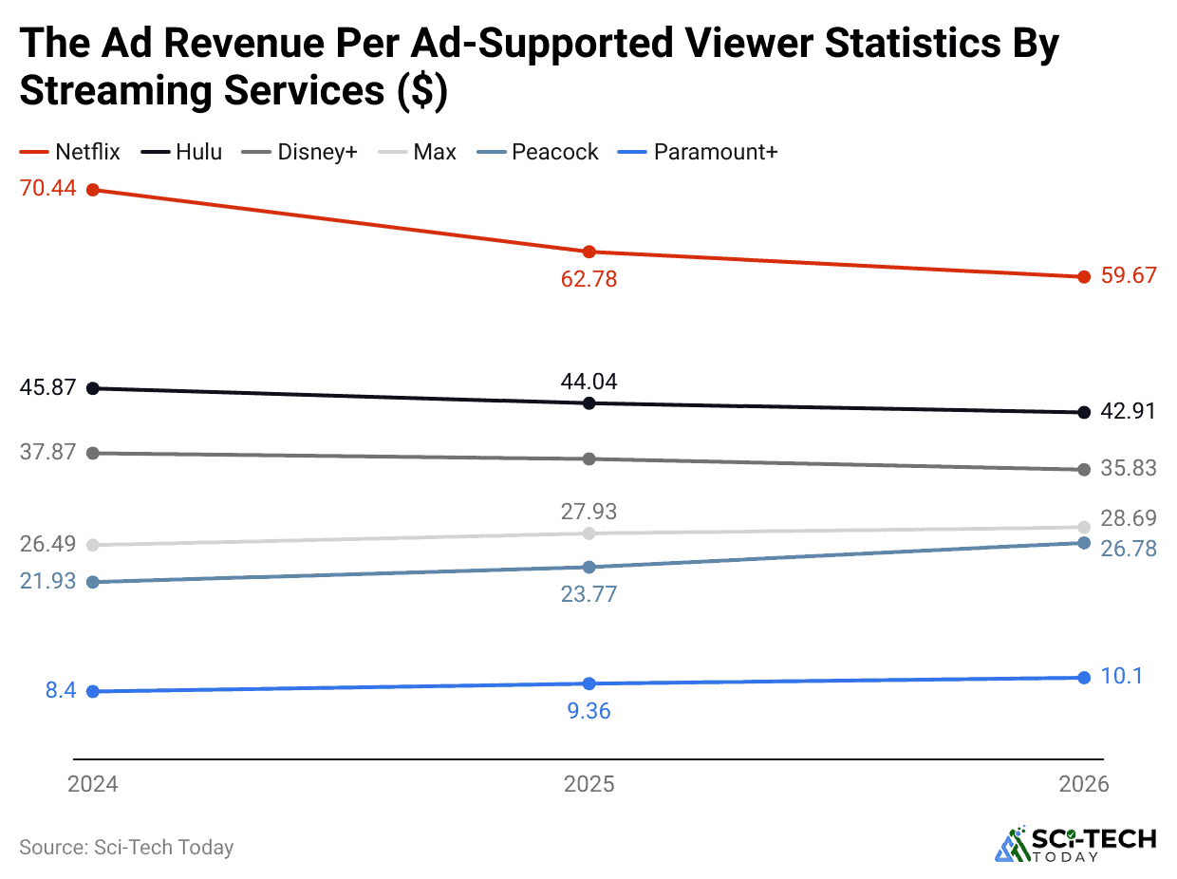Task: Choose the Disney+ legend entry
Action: (x=304, y=152)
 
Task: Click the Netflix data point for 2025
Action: (x=588, y=252)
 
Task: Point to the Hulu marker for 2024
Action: (x=93, y=388)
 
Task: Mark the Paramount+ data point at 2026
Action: (x=1084, y=678)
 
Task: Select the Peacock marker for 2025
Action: (x=588, y=568)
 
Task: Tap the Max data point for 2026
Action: (x=1084, y=527)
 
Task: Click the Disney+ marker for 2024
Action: (x=93, y=453)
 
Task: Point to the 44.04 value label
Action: (x=588, y=382)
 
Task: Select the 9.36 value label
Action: (x=588, y=710)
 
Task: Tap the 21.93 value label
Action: (x=47, y=581)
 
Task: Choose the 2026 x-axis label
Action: (x=1084, y=784)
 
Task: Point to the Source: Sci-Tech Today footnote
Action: (x=126, y=847)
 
